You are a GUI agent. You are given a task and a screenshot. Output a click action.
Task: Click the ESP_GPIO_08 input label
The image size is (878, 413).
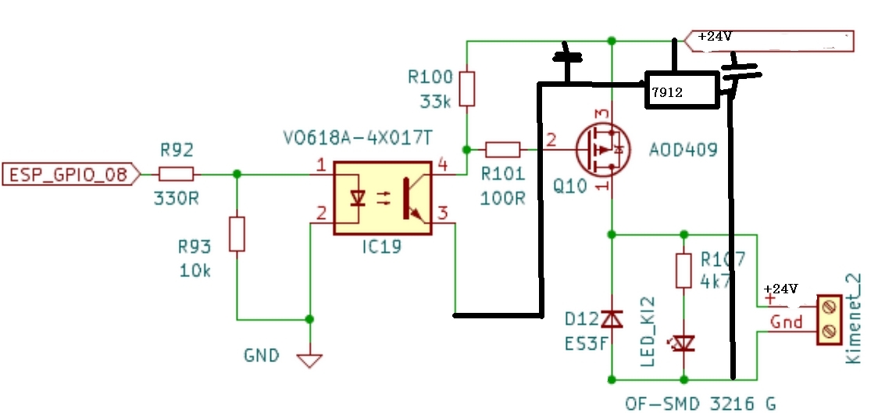pyautogui.click(x=72, y=174)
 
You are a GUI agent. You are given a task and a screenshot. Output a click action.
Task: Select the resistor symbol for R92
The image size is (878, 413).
pyautogui.click(x=177, y=174)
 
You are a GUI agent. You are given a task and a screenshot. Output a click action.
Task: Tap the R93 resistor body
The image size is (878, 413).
pyautogui.click(x=237, y=234)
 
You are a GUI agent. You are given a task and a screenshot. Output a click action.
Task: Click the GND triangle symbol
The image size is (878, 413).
pyautogui.click(x=309, y=361)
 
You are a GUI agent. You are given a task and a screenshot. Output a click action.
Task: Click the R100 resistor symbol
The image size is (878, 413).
pyautogui.click(x=467, y=88)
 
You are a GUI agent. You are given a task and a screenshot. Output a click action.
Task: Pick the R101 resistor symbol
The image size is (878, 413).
pyautogui.click(x=503, y=149)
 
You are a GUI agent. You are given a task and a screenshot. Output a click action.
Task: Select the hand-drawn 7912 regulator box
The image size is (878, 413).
pyautogui.click(x=682, y=90)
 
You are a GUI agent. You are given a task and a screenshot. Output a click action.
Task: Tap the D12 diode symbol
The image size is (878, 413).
pyautogui.click(x=612, y=319)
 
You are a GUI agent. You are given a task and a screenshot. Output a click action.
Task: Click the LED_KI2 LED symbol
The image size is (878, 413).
pyautogui.click(x=683, y=343)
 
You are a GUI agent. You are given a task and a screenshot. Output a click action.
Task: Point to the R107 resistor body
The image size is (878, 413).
pyautogui.click(x=683, y=271)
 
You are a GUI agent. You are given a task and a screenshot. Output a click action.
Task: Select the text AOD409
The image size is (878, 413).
pyautogui.click(x=683, y=149)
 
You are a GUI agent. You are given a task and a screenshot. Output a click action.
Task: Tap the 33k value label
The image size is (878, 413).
pyautogui.click(x=434, y=102)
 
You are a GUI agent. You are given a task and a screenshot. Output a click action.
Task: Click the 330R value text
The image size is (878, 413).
pyautogui.click(x=176, y=199)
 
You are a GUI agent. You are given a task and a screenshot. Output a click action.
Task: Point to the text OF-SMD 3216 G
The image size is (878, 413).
pyautogui.click(x=701, y=403)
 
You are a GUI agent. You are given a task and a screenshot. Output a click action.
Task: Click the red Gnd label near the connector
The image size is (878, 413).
pyautogui.click(x=787, y=322)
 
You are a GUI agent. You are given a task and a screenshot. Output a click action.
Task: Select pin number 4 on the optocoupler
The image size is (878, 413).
pyautogui.click(x=442, y=165)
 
